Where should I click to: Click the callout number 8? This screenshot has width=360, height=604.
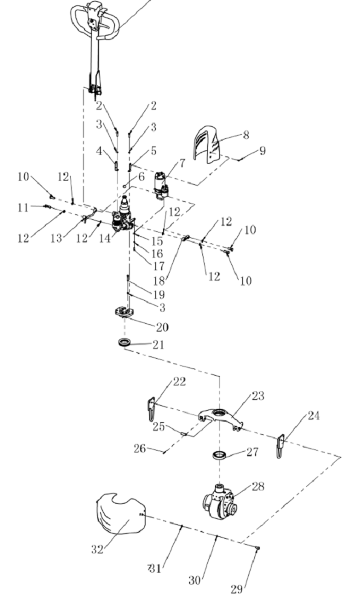(x=246, y=135)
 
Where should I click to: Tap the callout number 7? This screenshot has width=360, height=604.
(x=182, y=163)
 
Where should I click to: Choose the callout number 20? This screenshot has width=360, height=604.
(x=162, y=327)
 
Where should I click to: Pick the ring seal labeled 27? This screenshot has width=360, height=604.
(x=219, y=455)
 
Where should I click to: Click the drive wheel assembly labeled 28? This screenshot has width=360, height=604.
(x=219, y=501)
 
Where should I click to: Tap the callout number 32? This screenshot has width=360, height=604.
(x=97, y=550)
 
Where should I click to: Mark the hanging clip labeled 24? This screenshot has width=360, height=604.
(x=280, y=446)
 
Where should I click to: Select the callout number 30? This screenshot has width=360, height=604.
(x=195, y=580)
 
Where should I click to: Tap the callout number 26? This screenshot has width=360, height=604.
(x=140, y=448)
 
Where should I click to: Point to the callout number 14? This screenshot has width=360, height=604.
(x=104, y=238)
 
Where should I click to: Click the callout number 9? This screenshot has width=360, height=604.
(x=262, y=150)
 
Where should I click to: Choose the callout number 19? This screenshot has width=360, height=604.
(x=159, y=295)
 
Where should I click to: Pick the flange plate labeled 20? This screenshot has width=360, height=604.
(x=124, y=312)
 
